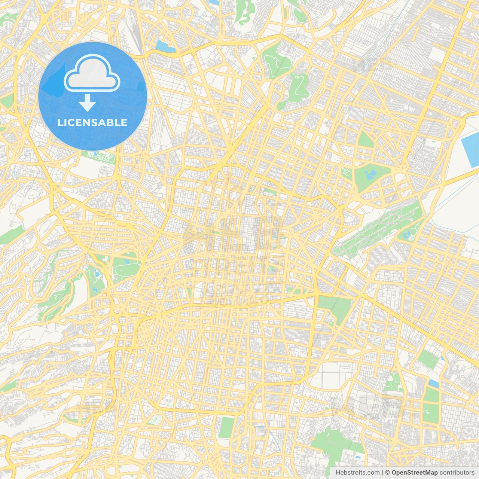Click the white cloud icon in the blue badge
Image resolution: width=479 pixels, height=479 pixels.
92,74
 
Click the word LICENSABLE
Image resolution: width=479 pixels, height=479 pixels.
92,122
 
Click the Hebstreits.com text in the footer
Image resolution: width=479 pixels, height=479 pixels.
357,473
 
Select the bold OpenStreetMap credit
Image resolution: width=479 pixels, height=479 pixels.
414,473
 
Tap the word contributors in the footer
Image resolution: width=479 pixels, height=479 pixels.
457,473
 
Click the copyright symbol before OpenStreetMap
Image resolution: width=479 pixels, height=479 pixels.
387,473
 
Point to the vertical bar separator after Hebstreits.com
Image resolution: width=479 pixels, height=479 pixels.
382,473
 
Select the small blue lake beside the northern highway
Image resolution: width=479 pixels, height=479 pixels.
165,46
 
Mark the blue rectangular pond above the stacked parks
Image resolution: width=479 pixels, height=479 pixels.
434,383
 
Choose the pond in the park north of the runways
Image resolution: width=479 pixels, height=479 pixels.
370,174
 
